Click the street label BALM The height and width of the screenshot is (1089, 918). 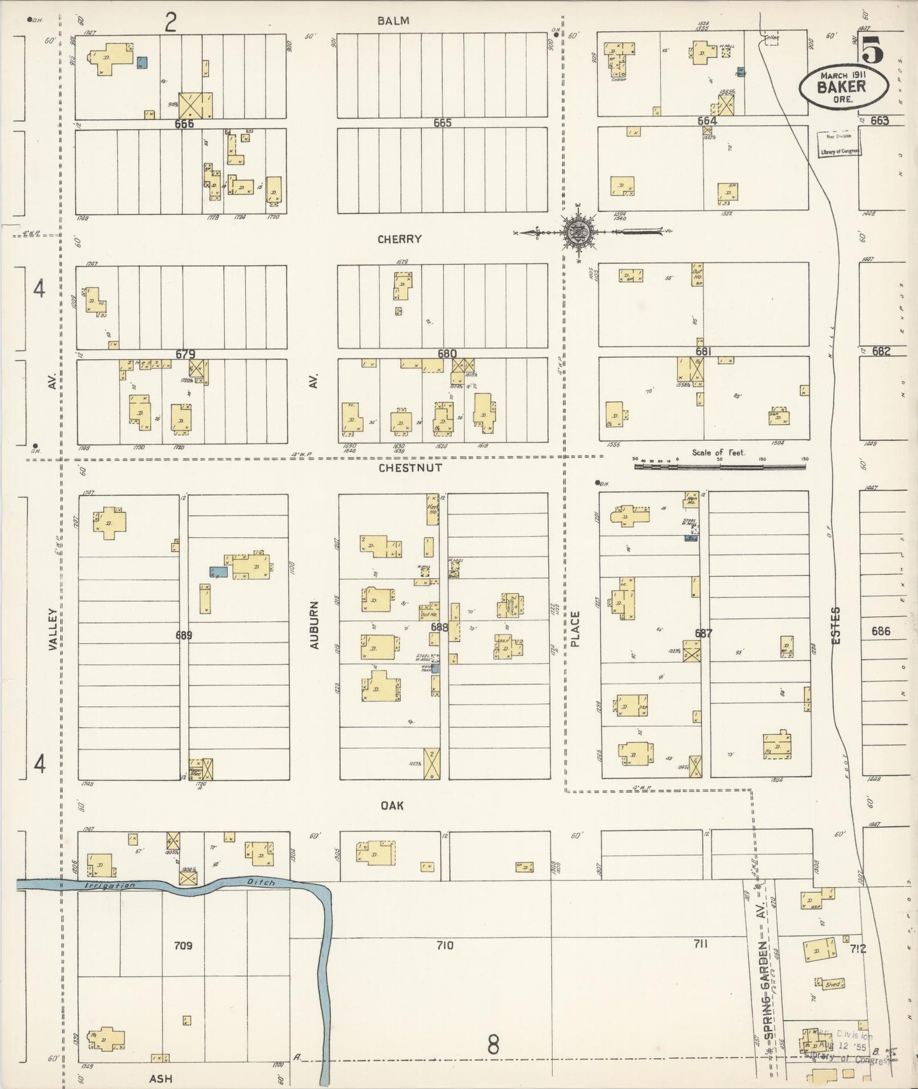point(393,21)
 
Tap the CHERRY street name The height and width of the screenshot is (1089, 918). point(400,240)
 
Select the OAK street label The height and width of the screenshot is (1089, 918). point(392,806)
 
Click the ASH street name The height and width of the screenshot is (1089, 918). point(160,1078)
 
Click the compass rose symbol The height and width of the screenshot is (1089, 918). point(578,231)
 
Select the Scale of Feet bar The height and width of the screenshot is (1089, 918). point(719,466)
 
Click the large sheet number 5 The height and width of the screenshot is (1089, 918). point(874,50)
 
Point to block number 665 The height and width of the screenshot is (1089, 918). point(442,123)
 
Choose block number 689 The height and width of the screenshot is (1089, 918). point(184,635)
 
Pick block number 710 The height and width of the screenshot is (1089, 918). point(445,945)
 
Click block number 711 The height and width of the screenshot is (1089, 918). point(700,944)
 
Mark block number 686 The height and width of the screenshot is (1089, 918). point(881,631)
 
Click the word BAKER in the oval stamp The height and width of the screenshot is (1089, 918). point(842,87)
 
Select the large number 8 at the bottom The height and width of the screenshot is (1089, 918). point(493,1045)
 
